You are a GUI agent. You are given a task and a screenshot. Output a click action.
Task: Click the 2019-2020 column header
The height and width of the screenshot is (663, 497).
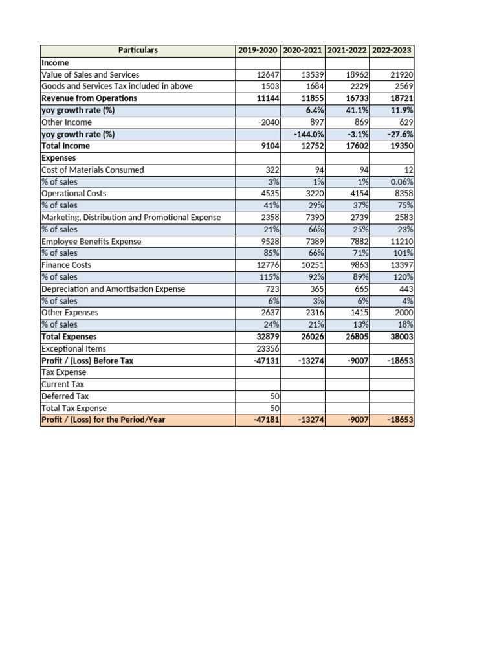pos(258,51)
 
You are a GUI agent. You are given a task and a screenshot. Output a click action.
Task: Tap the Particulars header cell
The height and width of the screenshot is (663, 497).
pos(138,51)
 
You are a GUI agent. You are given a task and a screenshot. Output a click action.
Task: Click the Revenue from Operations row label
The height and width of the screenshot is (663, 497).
pos(89,98)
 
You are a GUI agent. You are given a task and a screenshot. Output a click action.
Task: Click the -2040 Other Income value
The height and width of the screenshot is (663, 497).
pos(268,122)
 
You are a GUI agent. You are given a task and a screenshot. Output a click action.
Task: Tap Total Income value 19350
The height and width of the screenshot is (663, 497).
pos(401,146)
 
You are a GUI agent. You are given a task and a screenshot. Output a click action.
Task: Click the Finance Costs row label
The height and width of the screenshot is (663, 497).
pos(66,265)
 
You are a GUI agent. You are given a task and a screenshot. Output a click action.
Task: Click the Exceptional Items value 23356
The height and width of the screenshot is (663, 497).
pos(267,348)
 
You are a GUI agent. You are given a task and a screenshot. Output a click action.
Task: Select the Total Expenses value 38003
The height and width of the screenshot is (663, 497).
pos(401,337)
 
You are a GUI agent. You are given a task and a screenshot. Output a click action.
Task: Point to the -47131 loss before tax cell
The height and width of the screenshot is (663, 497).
pos(265,361)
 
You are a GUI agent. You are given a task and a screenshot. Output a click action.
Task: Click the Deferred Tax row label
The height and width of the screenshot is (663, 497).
pos(65,396)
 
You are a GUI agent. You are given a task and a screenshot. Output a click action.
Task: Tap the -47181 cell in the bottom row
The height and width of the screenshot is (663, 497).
pos(265,420)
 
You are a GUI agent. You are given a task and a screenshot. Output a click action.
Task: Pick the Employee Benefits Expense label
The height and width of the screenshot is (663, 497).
pos(91,242)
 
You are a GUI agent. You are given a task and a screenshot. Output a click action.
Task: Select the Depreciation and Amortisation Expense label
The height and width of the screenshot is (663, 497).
pos(113,289)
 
